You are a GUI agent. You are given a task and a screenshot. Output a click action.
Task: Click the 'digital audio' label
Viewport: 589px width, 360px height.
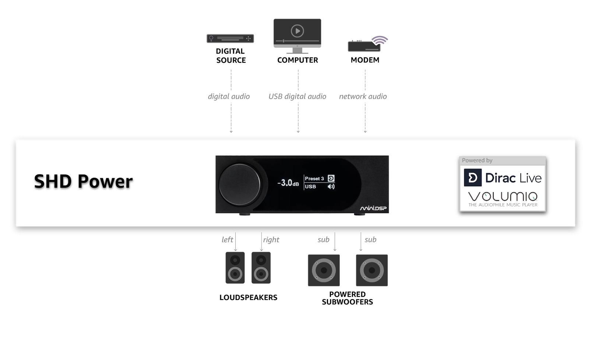tap(229, 96)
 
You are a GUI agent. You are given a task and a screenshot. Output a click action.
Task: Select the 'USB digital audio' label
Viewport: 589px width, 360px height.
tap(297, 96)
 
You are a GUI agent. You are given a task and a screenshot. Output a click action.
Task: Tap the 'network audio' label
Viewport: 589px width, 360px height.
tap(363, 96)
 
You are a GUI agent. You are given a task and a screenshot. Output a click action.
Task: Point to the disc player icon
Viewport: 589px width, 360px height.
tap(230, 38)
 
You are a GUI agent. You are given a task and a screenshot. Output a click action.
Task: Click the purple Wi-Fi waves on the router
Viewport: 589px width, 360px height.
tap(380, 39)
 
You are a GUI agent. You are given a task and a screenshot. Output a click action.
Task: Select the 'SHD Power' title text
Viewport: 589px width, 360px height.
tap(83, 181)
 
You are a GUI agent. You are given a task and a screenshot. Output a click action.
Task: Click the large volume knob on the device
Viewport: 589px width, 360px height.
tap(239, 184)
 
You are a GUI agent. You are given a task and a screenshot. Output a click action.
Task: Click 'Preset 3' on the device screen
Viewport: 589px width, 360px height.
tap(314, 179)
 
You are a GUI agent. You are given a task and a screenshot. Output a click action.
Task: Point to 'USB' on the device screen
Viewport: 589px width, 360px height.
tap(310, 187)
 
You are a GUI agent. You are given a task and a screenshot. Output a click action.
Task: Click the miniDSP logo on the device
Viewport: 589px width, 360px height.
tap(373, 209)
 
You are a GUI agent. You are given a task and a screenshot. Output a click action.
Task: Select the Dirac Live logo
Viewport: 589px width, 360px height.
tap(502, 178)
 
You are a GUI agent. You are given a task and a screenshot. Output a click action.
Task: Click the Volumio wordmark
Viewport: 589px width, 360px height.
tap(502, 196)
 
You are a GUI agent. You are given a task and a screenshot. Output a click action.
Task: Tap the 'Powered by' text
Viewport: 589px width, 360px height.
tap(477, 160)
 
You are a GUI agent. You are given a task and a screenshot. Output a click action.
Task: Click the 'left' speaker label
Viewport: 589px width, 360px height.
tap(228, 240)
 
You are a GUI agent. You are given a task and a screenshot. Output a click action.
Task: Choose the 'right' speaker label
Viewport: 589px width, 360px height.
tap(271, 240)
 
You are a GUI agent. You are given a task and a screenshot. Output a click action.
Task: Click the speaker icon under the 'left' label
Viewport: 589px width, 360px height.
tap(235, 268)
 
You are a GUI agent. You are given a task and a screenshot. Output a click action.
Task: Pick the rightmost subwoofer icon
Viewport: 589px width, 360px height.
tap(371, 270)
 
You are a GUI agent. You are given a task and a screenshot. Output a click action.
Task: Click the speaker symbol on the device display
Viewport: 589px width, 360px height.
tap(331, 187)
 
